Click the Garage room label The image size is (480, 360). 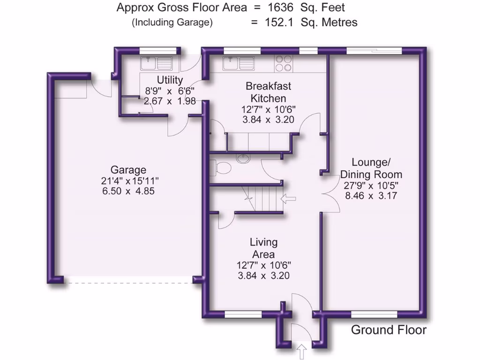[128, 170]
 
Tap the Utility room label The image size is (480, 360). [170, 80]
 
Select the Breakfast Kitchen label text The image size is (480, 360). [268, 92]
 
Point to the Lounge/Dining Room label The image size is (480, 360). [371, 168]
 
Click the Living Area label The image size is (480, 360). [263, 248]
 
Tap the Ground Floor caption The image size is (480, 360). [389, 330]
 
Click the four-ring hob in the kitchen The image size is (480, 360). [284, 63]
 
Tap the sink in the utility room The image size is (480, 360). [157, 62]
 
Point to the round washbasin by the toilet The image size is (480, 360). [244, 158]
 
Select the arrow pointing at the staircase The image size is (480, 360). [288, 199]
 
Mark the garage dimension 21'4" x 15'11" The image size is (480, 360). [128, 181]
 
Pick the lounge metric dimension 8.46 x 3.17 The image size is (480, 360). [371, 195]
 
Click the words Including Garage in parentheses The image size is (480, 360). [172, 22]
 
